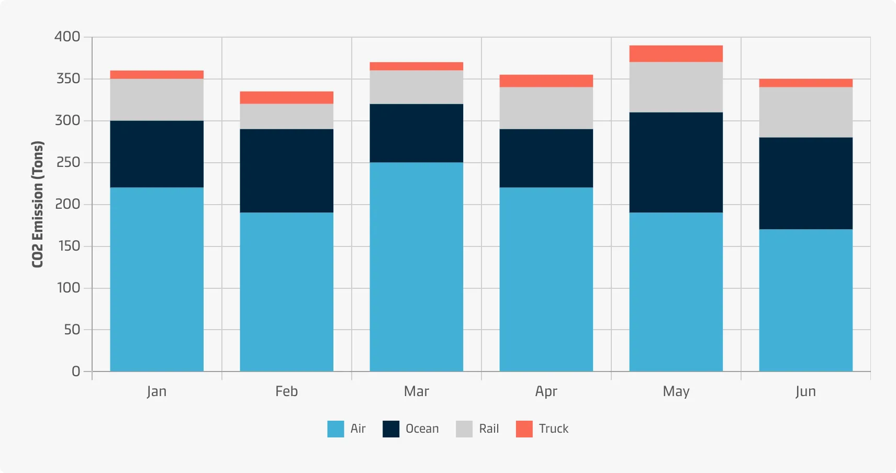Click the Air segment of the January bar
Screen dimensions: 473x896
(x=156, y=279)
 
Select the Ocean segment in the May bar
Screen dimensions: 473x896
(x=676, y=162)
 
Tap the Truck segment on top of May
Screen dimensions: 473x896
(x=676, y=54)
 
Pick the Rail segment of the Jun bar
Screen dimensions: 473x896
(x=805, y=112)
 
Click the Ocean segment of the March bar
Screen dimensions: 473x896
(x=416, y=133)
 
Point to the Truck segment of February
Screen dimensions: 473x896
(x=286, y=98)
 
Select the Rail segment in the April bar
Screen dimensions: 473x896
(x=546, y=108)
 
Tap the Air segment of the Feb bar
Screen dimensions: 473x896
(x=286, y=292)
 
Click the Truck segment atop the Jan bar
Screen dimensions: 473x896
(x=156, y=75)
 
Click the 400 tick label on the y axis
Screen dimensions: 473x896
(x=68, y=37)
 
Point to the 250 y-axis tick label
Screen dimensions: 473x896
(x=68, y=162)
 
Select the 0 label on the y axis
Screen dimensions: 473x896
(x=76, y=371)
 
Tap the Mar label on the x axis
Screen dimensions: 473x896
(x=416, y=391)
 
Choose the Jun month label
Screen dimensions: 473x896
(x=805, y=391)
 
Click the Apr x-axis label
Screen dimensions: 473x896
(x=546, y=391)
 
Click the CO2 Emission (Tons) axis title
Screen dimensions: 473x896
(x=38, y=204)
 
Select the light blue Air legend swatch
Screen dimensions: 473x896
(x=335, y=429)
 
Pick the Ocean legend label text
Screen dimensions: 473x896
(x=422, y=429)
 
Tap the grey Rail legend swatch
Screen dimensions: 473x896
(x=464, y=429)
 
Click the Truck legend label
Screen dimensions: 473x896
(x=553, y=429)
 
